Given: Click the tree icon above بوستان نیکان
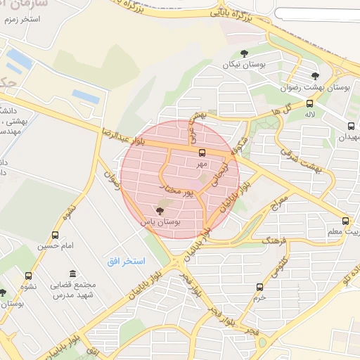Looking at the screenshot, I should [244, 53].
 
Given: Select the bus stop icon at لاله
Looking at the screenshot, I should [309, 103].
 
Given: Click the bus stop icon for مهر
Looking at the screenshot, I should [202, 153].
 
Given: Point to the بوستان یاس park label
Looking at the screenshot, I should [160, 221].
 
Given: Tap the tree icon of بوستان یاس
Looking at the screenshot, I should [160, 210].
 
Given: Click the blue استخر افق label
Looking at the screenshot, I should [126, 261].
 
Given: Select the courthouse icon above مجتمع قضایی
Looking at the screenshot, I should [72, 274].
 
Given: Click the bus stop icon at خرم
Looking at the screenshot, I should [260, 287].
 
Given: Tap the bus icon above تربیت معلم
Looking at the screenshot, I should [345, 220].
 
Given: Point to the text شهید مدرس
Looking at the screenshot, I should [72, 297].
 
